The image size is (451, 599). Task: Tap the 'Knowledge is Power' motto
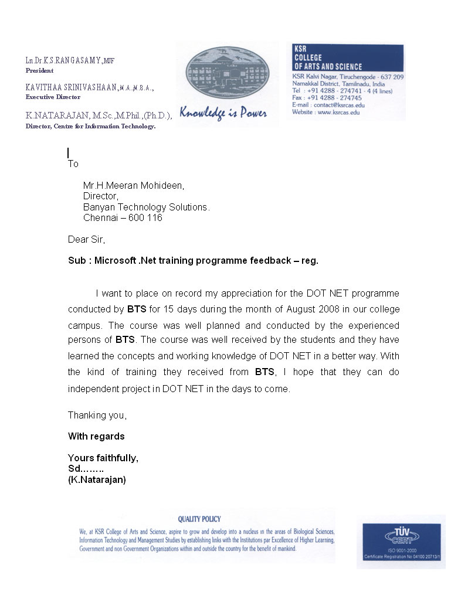[223, 113]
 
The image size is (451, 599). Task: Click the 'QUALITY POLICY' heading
[199, 519]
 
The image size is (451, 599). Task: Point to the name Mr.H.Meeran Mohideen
[134, 186]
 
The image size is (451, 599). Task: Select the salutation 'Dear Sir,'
[86, 239]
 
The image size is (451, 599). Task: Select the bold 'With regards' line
[96, 436]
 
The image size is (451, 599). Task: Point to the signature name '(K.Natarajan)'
[97, 479]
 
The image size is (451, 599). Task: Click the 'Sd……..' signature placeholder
[86, 469]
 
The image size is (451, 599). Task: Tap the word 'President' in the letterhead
[39, 70]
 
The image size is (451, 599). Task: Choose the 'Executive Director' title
[53, 97]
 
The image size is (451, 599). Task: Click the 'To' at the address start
[73, 164]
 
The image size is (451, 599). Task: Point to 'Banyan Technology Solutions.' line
[146, 207]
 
